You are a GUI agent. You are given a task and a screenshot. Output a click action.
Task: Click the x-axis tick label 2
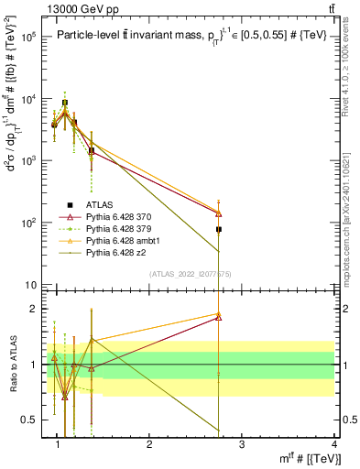pos(149,445)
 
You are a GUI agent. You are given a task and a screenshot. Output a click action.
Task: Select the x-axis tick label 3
pos(241,445)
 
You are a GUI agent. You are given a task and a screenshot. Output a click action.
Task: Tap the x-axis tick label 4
pos(333,445)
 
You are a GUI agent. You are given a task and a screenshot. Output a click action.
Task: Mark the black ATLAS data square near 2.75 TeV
pos(219,229)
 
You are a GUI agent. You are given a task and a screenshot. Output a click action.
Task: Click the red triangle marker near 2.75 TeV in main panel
pos(219,213)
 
